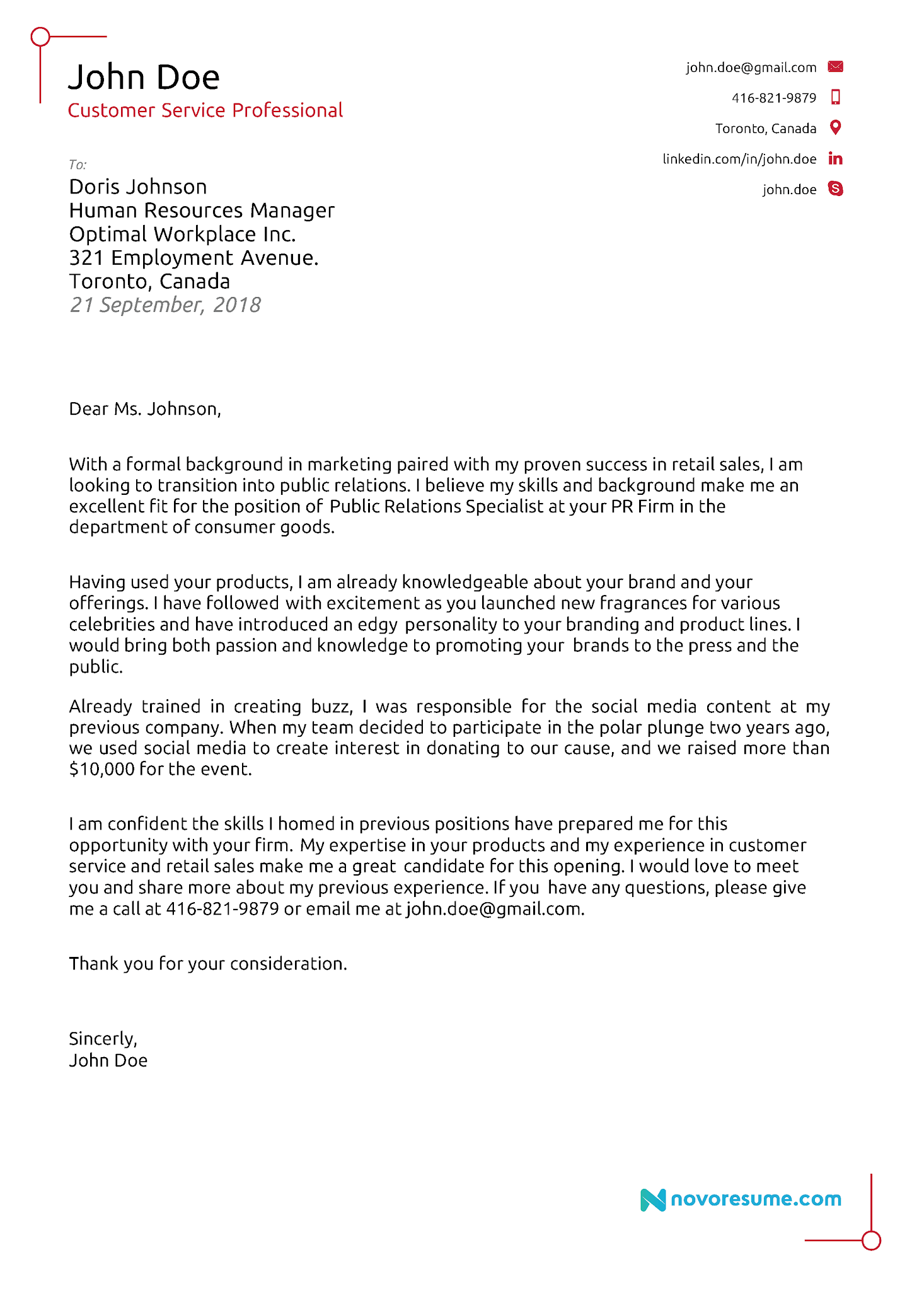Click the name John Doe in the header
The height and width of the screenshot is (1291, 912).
coord(144,78)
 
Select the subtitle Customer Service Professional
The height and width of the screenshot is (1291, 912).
coord(205,110)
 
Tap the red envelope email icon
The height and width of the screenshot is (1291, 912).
coord(835,67)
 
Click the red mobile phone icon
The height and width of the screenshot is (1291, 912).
coord(835,97)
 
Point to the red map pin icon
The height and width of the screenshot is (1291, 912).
coord(835,127)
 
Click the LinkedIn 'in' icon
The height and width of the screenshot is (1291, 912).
coord(835,158)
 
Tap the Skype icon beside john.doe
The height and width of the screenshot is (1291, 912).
coord(835,188)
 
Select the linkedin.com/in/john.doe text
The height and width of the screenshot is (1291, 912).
coord(739,159)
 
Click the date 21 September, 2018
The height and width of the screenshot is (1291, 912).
coord(165,305)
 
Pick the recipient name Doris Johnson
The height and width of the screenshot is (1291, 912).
coord(138,187)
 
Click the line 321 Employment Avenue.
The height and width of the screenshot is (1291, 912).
coord(193,258)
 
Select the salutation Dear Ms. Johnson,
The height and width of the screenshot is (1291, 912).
coord(145,409)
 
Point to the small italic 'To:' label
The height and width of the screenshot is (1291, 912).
coord(78,165)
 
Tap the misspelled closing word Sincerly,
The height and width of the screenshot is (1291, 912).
coord(103,1039)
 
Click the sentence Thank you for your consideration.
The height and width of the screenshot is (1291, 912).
coord(208,964)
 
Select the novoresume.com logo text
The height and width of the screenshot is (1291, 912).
coord(755,1199)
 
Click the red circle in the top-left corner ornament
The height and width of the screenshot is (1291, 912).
coord(40,37)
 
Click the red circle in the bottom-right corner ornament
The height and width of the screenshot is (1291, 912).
coord(870,1241)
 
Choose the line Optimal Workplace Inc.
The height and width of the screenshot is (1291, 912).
coord(182,234)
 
